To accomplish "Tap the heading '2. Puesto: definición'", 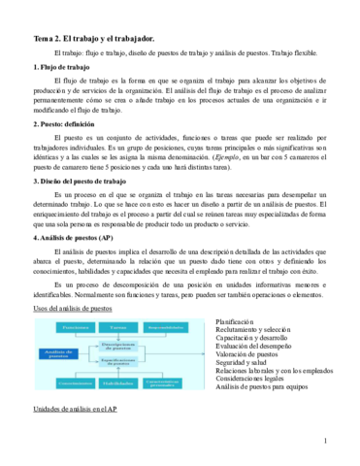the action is point(68,125).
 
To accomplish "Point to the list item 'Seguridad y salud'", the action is point(249,366).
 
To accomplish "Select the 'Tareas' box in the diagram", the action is point(116,328).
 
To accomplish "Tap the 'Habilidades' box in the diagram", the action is point(116,383).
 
